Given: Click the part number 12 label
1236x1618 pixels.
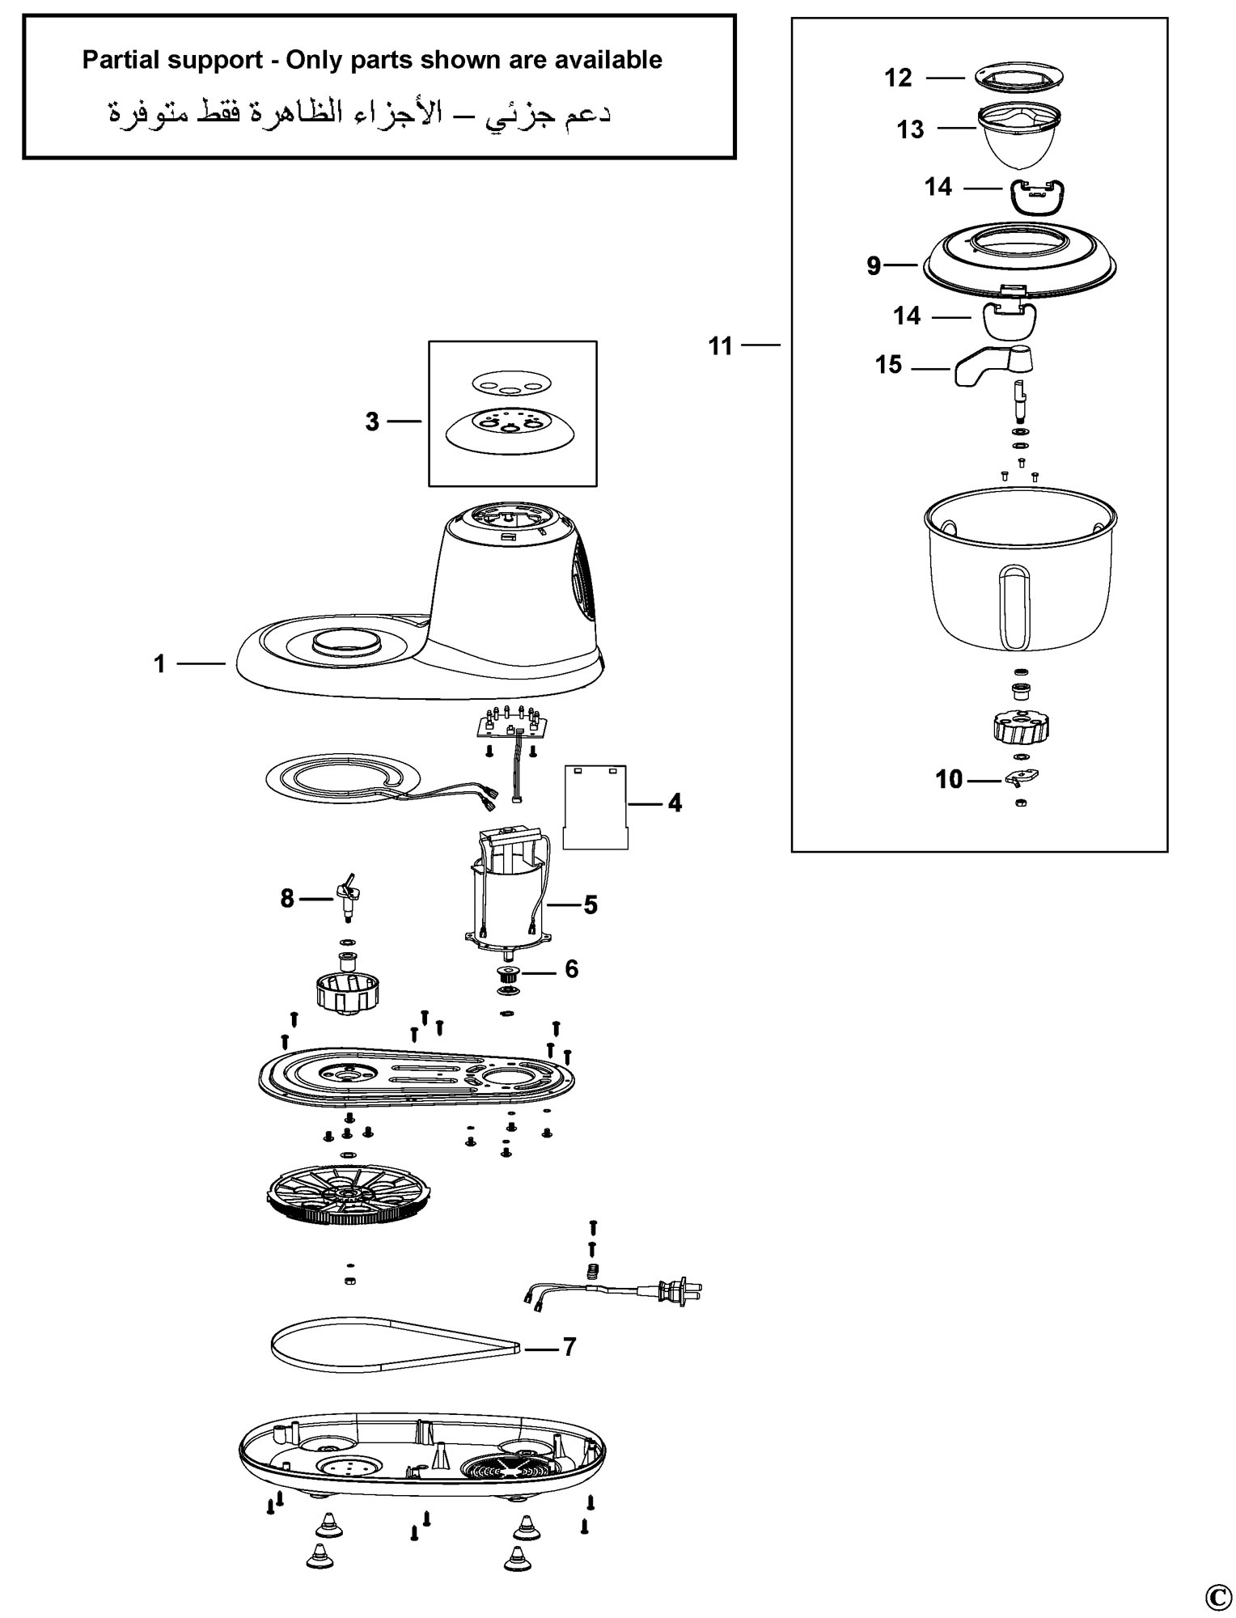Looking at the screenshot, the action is pos(898,78).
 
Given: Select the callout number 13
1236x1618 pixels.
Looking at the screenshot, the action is pos(910,129).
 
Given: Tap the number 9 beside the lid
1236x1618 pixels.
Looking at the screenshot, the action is pos(874,266).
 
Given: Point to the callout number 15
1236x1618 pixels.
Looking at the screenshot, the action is pos(888,365).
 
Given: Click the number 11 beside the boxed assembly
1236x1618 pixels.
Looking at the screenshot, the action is pos(720,346).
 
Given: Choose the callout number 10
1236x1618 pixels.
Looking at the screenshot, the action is pos(949,780).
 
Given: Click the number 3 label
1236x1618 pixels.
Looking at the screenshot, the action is pos(372,421).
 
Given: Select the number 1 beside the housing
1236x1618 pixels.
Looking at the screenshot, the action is pos(159,664).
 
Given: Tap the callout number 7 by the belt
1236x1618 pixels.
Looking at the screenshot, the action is pos(569,1347).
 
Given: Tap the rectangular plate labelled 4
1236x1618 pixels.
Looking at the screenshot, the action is pos(595,807).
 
